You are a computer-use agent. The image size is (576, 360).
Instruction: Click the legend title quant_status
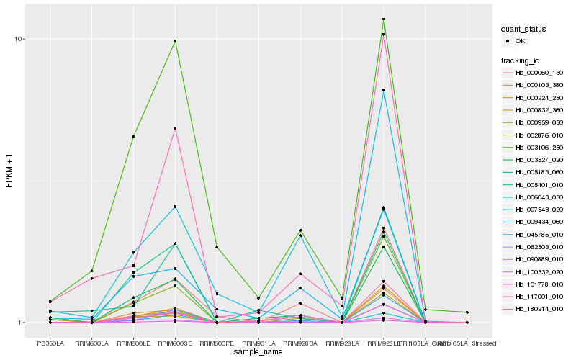click(x=523, y=29)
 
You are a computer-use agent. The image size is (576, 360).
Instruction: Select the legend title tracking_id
click(x=521, y=60)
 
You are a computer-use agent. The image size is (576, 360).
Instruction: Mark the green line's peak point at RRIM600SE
click(x=175, y=41)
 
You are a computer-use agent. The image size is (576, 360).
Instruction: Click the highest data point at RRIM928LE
click(x=384, y=19)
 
